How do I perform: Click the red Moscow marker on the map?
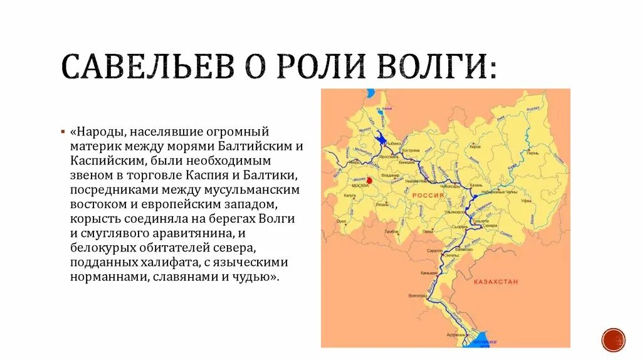369,181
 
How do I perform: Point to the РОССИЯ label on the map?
428,196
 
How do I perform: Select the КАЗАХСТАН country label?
497,282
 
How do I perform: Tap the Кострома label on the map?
411,151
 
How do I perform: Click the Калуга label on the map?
349,196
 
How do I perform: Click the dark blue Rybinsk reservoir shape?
379,139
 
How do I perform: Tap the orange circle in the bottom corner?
613,339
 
